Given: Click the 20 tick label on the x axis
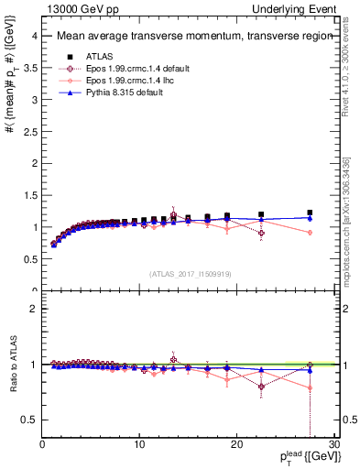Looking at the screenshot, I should [236, 445].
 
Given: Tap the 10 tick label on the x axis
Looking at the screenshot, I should [139, 445].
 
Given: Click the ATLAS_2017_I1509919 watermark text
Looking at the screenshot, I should [190, 273].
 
